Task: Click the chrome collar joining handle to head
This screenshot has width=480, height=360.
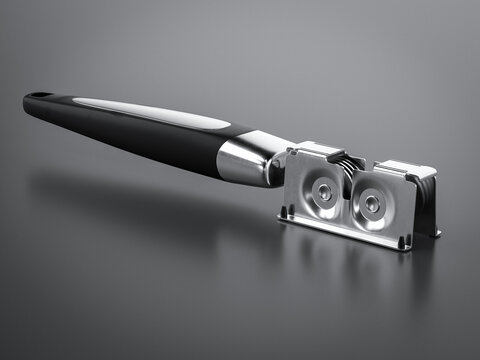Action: (245, 160)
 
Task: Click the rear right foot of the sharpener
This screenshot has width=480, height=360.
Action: (435, 233)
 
